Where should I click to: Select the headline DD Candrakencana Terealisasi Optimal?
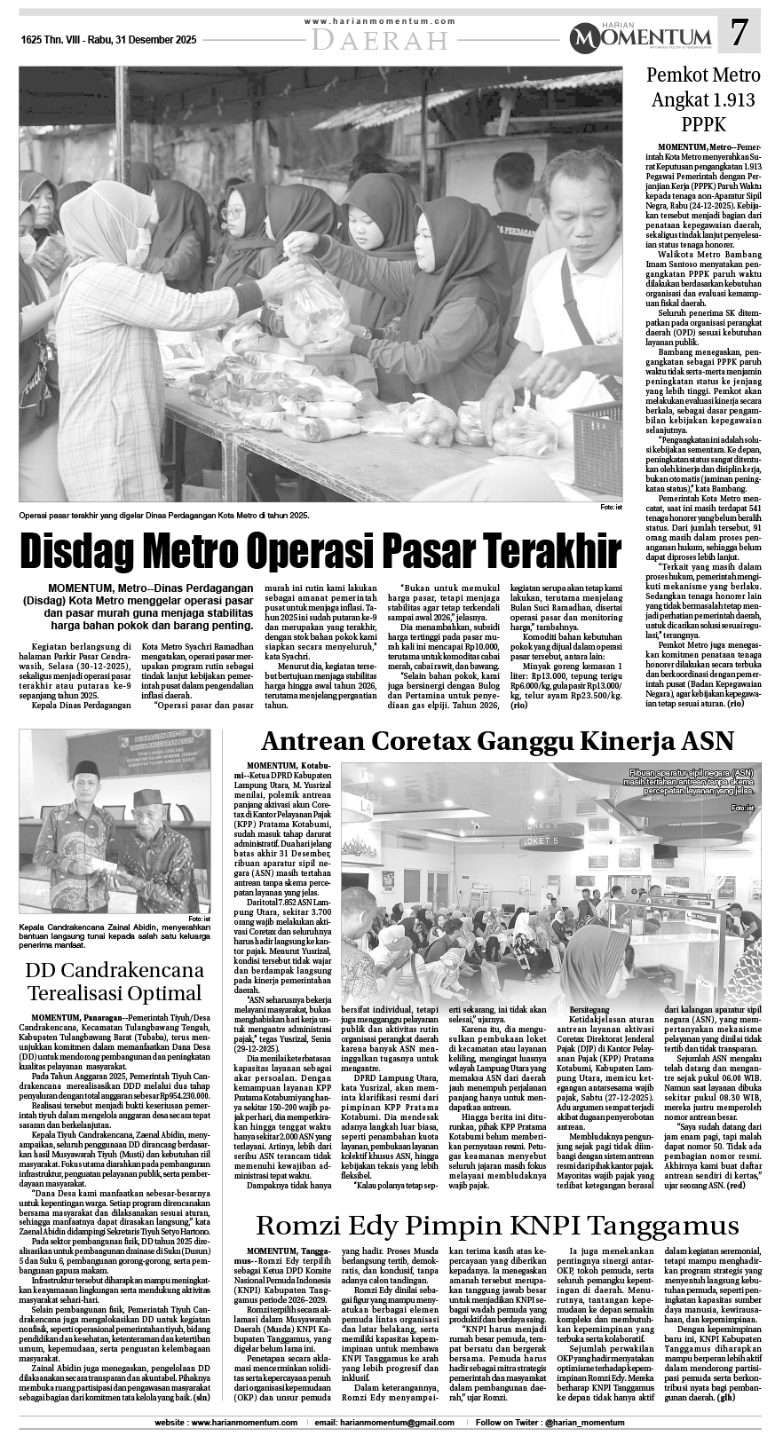coord(114,979)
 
